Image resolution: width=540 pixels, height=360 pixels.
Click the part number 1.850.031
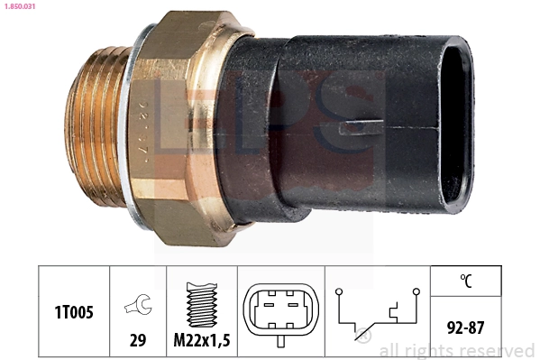pyautogui.click(x=19, y=8)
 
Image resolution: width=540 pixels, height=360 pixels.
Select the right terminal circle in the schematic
pyautogui.click(x=416, y=291)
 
